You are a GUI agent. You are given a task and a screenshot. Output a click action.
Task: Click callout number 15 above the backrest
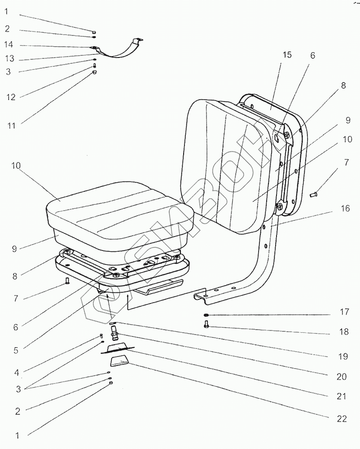(287, 55)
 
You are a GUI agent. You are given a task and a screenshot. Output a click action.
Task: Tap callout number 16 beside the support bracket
(345, 208)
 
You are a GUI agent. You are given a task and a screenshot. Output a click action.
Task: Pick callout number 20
(341, 376)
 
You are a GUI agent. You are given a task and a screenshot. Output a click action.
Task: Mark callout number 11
(10, 126)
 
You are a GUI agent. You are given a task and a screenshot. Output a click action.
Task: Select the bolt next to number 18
(206, 326)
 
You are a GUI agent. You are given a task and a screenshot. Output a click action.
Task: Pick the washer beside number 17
(206, 315)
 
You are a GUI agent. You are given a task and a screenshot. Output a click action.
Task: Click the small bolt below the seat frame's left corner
(67, 282)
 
